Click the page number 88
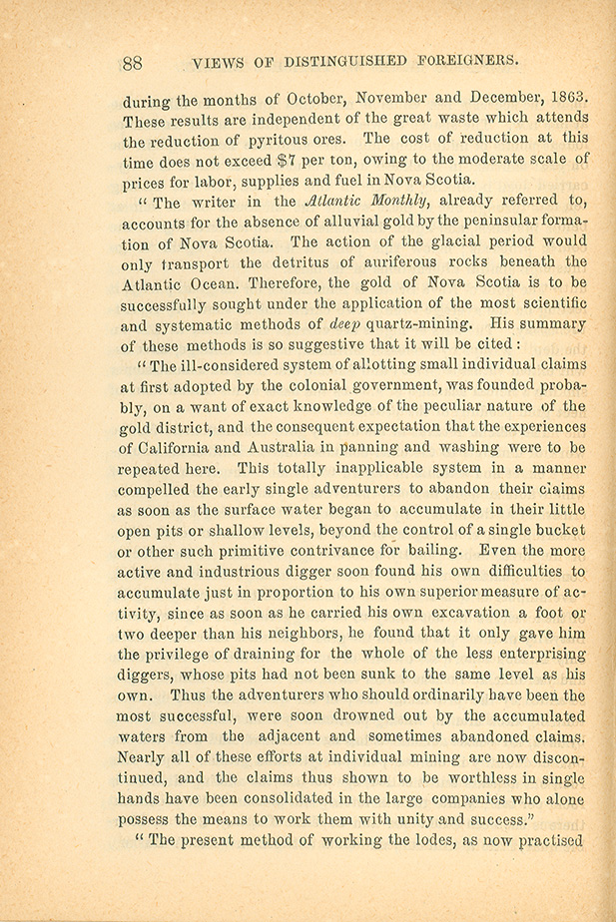pos(133,63)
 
